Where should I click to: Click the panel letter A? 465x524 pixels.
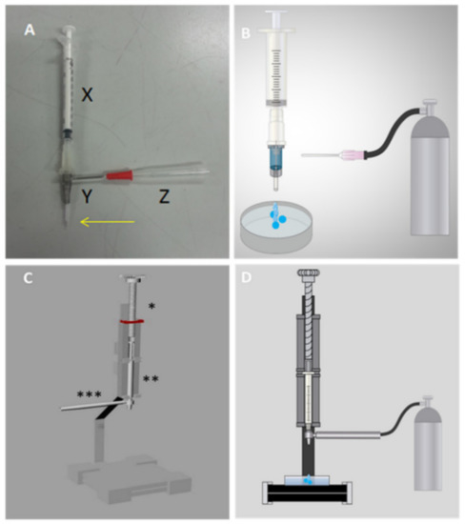30,30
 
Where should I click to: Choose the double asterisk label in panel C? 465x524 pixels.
151,380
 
